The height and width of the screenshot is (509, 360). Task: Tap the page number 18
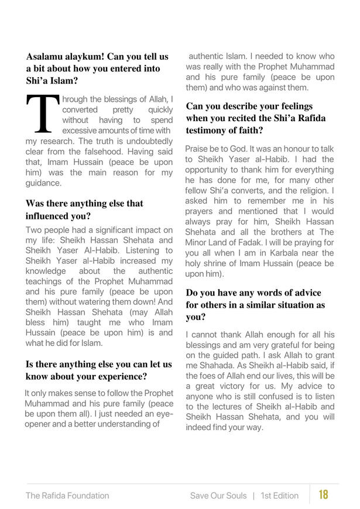[323, 495]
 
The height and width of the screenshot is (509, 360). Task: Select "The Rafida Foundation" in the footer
[67, 496]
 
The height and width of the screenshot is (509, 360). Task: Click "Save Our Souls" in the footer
[218, 496]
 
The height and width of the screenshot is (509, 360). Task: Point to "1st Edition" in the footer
[280, 496]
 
